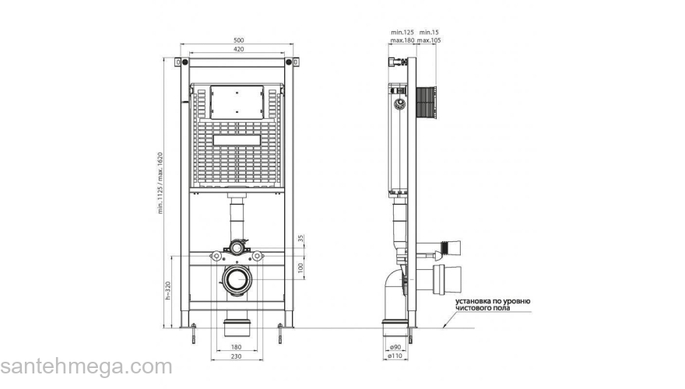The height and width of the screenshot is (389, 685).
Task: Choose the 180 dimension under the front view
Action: [x=237, y=346]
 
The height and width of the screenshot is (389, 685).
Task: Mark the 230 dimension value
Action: [x=237, y=356]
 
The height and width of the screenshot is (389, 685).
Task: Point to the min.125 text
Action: [x=402, y=33]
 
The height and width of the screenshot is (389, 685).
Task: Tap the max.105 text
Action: [x=429, y=40]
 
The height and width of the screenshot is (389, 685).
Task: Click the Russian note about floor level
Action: [x=493, y=303]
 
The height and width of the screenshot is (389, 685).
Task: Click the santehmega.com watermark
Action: [x=86, y=366]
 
